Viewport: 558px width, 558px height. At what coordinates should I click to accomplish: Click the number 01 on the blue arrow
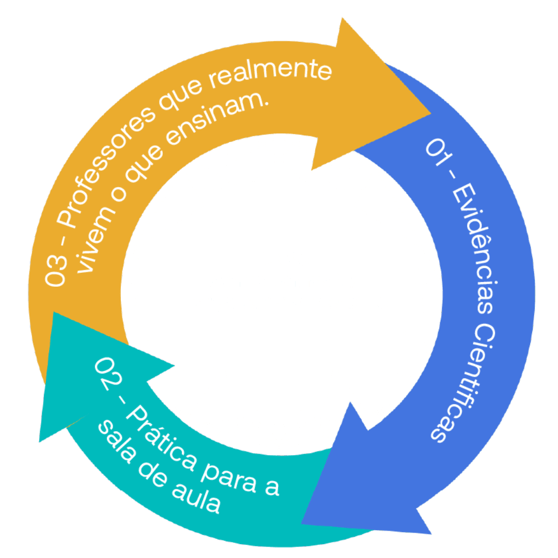(x=436, y=152)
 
